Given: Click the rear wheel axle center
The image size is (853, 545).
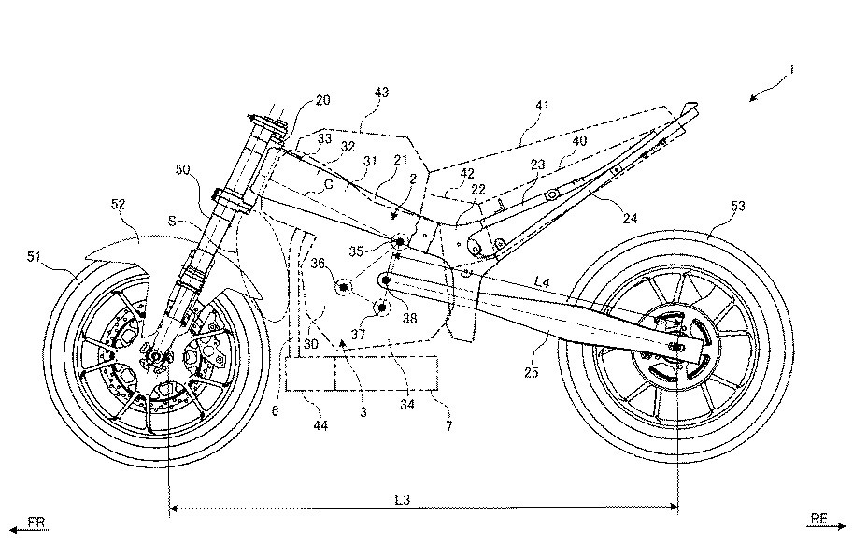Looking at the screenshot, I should tap(676, 348).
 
